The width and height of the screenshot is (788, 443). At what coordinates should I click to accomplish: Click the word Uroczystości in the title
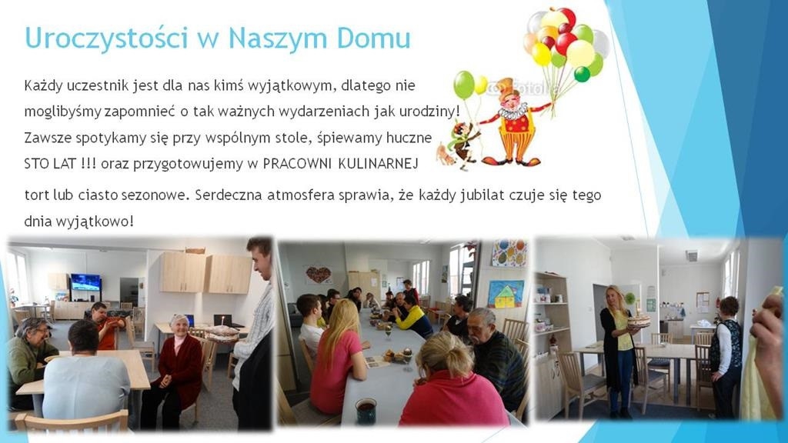point(106,38)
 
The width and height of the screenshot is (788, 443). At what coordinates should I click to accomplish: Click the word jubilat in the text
point(482,195)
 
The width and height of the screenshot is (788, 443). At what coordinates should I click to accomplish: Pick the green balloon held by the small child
point(464,85)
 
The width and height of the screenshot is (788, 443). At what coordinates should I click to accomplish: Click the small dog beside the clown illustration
point(446,154)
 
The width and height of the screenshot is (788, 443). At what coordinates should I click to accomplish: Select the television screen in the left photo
point(85,282)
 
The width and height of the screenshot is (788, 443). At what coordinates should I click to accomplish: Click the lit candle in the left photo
point(220,321)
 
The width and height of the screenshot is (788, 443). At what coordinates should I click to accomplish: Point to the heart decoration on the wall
point(319,275)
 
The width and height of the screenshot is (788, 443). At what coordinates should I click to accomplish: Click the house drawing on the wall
point(506,293)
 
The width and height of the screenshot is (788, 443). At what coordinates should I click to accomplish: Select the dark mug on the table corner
point(366,411)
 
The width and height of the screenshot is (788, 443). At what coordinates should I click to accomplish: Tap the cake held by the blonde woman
point(638,319)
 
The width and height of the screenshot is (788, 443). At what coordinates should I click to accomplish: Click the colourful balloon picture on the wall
point(509,252)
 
